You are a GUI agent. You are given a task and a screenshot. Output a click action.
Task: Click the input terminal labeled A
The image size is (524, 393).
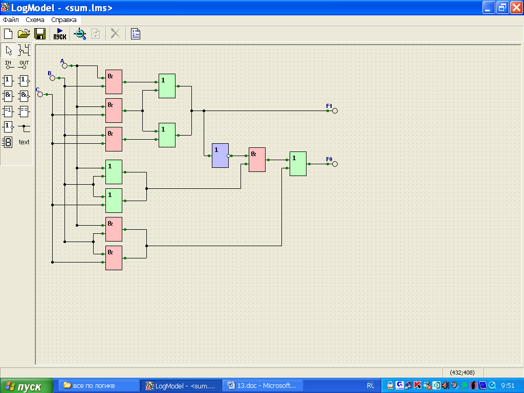[65, 66]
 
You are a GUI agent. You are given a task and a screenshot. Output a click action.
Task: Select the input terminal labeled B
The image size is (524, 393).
[53, 78]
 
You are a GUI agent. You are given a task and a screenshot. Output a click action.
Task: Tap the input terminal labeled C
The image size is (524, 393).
[40, 95]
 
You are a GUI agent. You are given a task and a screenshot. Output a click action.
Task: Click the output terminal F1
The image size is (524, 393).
[335, 111]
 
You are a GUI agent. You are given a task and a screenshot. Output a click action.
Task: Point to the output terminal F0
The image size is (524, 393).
[335, 164]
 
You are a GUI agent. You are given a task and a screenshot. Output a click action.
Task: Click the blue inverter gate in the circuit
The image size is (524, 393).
[220, 156]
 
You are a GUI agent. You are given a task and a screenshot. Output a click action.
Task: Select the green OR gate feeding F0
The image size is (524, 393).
[298, 164]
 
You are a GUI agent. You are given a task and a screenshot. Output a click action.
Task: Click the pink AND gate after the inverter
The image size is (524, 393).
[257, 160]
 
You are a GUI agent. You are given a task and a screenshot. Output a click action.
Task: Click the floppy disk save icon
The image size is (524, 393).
[40, 34]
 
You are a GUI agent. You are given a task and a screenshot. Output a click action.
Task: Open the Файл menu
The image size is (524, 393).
[11, 20]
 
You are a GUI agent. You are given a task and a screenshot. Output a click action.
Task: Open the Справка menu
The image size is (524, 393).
[64, 20]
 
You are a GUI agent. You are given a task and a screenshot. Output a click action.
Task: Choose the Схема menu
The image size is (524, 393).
[35, 20]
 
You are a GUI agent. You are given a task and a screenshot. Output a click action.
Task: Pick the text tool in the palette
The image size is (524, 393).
[24, 142]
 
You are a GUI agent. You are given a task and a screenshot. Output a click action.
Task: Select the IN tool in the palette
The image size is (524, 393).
[8, 64]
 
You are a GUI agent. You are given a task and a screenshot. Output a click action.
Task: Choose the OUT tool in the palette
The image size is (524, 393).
[24, 64]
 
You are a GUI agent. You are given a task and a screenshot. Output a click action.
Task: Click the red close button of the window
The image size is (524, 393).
[516, 7]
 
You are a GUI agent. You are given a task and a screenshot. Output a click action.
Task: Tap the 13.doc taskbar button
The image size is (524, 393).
[263, 386]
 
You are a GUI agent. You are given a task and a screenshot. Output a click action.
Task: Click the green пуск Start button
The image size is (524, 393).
[27, 386]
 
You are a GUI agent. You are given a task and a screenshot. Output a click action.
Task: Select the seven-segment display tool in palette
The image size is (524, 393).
[8, 142]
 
